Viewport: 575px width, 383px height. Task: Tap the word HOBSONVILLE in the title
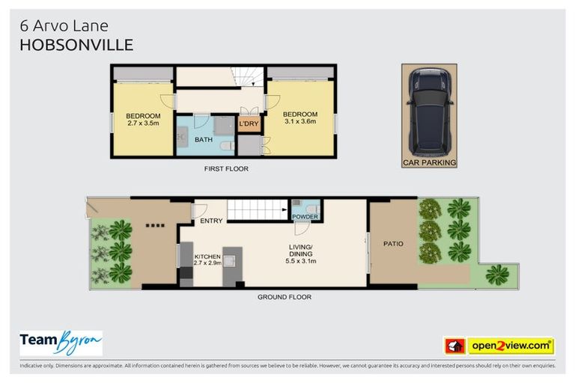(76, 45)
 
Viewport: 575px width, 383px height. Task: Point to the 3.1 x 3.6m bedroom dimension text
(299, 121)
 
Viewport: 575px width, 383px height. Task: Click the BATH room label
(204, 140)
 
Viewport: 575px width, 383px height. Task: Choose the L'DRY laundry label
(247, 124)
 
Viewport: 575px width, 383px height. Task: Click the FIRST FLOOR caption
(226, 169)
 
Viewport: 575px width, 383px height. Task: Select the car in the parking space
(429, 108)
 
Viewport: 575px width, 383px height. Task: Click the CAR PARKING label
(429, 162)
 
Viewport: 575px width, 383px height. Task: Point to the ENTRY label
(210, 221)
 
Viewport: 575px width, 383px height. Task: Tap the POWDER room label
(305, 217)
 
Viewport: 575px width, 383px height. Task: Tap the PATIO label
(393, 243)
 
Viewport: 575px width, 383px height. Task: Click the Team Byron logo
(61, 342)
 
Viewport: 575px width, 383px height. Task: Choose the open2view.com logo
(511, 346)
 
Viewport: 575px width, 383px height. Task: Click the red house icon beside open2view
(454, 346)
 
